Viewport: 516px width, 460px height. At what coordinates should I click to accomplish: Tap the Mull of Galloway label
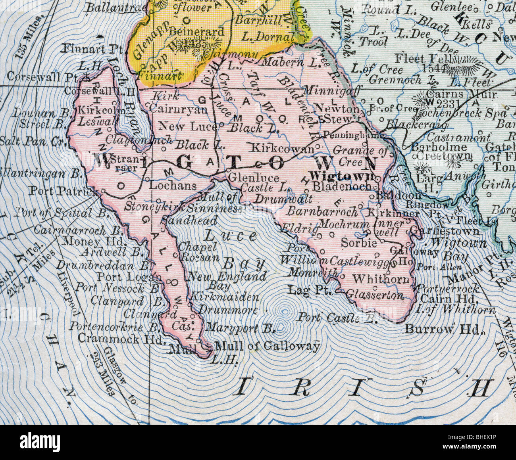point(267,346)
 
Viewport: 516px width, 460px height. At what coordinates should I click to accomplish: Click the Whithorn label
point(381,279)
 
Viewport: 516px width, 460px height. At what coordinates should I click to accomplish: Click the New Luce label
point(187,126)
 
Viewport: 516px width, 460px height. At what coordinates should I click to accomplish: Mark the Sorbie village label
point(359,243)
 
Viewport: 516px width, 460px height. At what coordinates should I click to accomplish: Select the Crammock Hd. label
point(120,339)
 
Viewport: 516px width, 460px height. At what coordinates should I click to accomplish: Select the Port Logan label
point(130,276)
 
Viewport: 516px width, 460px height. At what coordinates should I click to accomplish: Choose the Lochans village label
point(173,186)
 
